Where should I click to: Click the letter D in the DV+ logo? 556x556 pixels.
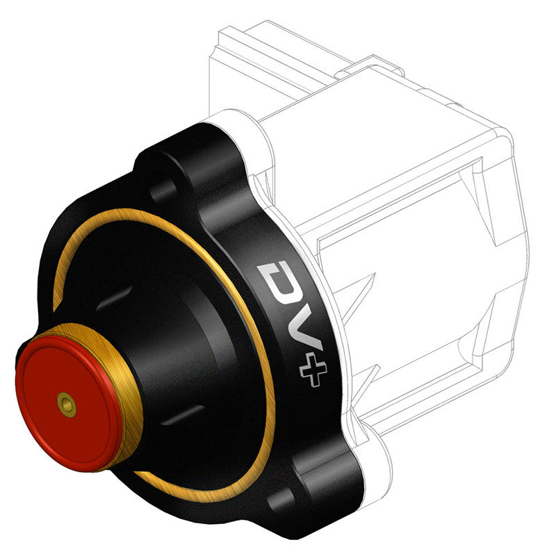click(x=277, y=279)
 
